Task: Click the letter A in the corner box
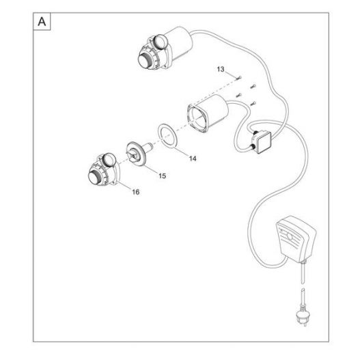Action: [x=42, y=22]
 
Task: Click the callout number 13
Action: [x=221, y=69]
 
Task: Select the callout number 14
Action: [x=193, y=158]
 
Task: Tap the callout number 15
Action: [x=162, y=176]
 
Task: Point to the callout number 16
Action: [x=136, y=192]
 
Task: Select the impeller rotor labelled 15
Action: [x=137, y=152]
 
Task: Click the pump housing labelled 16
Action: [x=103, y=170]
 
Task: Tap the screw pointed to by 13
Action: [x=239, y=78]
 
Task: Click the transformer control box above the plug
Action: [x=296, y=239]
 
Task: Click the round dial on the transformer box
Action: [x=290, y=236]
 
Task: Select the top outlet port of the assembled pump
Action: [x=160, y=42]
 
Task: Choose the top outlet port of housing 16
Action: [x=109, y=160]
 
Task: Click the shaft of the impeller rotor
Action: [x=148, y=146]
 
